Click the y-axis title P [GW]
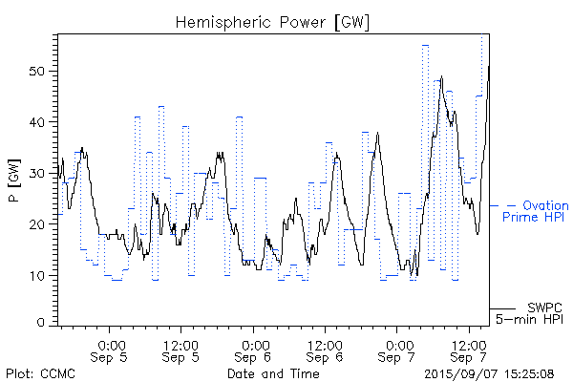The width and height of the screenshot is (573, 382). [x=11, y=177]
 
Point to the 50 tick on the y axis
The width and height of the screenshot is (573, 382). [x=40, y=72]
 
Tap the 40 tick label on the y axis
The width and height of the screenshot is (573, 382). [x=40, y=122]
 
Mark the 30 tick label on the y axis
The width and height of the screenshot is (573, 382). [x=40, y=174]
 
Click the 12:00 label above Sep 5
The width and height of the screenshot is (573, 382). [x=181, y=344]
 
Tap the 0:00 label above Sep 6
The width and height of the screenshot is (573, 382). [x=254, y=344]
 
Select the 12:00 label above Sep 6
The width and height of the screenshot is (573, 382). [x=325, y=344]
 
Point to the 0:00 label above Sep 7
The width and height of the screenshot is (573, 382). [x=397, y=344]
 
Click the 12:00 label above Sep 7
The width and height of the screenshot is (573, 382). [x=468, y=344]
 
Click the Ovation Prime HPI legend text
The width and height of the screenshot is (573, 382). [x=536, y=211]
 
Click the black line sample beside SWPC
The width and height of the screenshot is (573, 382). [x=503, y=308]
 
